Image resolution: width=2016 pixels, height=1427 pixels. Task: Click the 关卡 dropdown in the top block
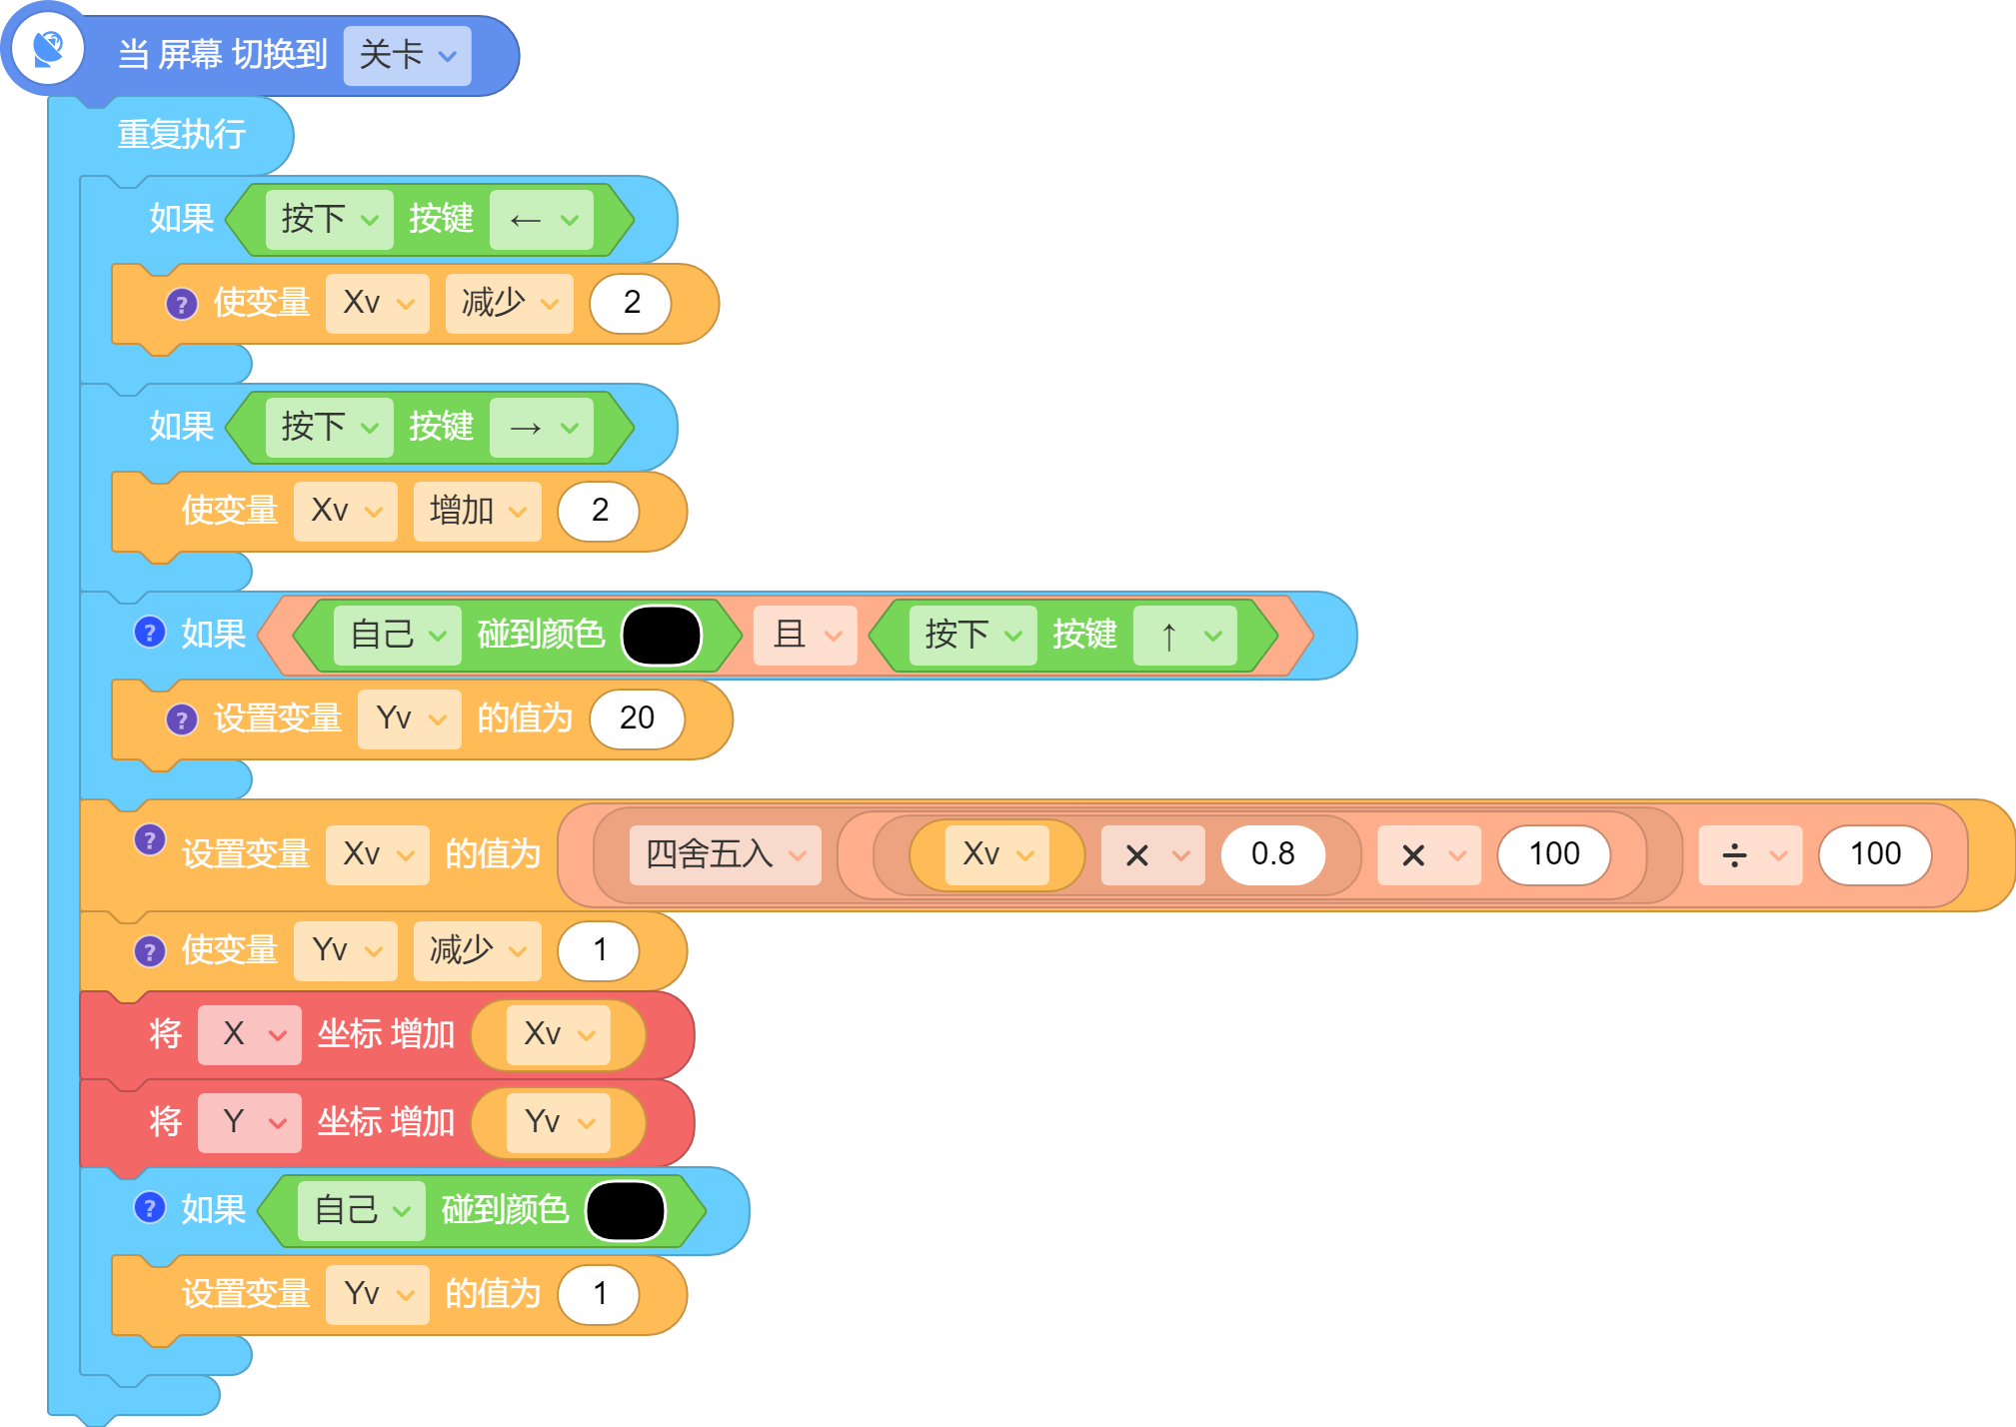click(407, 55)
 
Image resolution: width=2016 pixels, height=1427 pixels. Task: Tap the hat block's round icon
click(47, 48)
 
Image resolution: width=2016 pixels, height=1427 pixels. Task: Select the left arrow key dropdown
click(542, 219)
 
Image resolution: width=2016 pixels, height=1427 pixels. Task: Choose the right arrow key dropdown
click(542, 428)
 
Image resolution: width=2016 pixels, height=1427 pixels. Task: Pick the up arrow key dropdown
click(1185, 635)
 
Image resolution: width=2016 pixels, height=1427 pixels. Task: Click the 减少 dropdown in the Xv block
click(510, 303)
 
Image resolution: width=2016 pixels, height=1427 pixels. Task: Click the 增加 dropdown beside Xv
click(478, 511)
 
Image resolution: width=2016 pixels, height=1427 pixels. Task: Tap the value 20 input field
click(638, 718)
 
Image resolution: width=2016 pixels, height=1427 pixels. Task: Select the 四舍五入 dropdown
click(726, 854)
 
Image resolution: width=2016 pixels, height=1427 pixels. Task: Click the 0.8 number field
click(1272, 854)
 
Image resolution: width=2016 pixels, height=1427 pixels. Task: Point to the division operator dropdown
click(1751, 854)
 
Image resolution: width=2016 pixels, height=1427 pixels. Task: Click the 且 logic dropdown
click(806, 635)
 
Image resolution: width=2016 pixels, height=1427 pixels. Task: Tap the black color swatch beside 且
click(662, 636)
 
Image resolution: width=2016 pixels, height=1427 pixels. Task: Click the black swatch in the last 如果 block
click(626, 1211)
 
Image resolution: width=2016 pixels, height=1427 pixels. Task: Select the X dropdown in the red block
click(250, 1034)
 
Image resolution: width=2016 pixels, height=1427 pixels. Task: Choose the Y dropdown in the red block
click(250, 1122)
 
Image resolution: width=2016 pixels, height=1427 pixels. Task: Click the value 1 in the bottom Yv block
click(600, 1294)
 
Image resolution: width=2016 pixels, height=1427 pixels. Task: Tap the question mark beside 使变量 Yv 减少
click(150, 951)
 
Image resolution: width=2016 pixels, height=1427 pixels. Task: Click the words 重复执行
click(182, 134)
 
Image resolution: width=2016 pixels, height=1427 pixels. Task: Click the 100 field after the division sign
click(1875, 854)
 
